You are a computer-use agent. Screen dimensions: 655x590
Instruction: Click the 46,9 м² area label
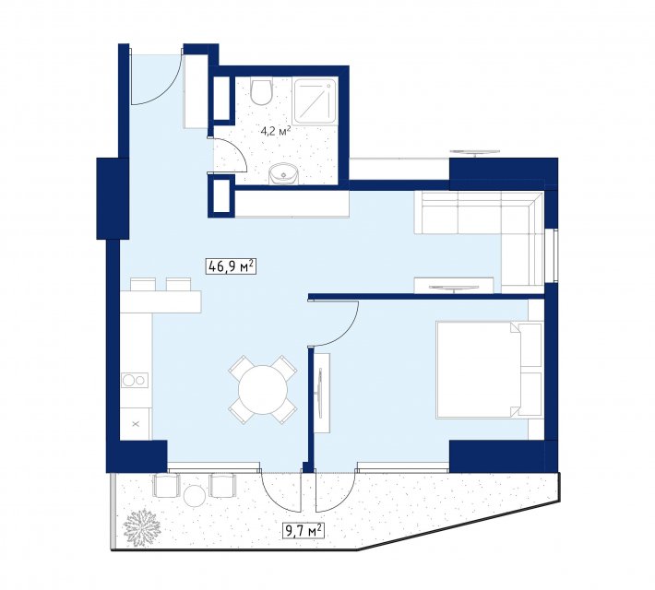tap(231, 266)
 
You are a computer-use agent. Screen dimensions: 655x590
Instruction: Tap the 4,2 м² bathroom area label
tap(275, 131)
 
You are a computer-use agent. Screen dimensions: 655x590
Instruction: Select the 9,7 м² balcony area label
tap(304, 531)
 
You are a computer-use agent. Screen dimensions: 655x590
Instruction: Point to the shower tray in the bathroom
tap(316, 100)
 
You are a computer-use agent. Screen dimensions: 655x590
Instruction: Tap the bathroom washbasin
tap(283, 173)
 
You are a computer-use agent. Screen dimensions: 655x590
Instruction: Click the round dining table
tap(263, 390)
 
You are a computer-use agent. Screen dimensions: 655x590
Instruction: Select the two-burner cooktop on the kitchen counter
tap(135, 381)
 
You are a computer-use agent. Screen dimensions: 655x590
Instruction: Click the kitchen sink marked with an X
tap(135, 424)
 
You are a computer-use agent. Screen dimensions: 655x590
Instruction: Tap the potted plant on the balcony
tap(141, 527)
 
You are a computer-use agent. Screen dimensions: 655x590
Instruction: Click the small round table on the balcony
tap(195, 496)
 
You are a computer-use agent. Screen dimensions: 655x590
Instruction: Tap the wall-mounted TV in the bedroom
tap(320, 393)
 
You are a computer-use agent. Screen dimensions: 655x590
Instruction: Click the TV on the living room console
tap(454, 288)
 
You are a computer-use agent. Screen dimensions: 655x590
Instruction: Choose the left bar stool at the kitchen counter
tap(143, 284)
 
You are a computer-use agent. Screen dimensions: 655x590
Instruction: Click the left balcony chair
tap(166, 485)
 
